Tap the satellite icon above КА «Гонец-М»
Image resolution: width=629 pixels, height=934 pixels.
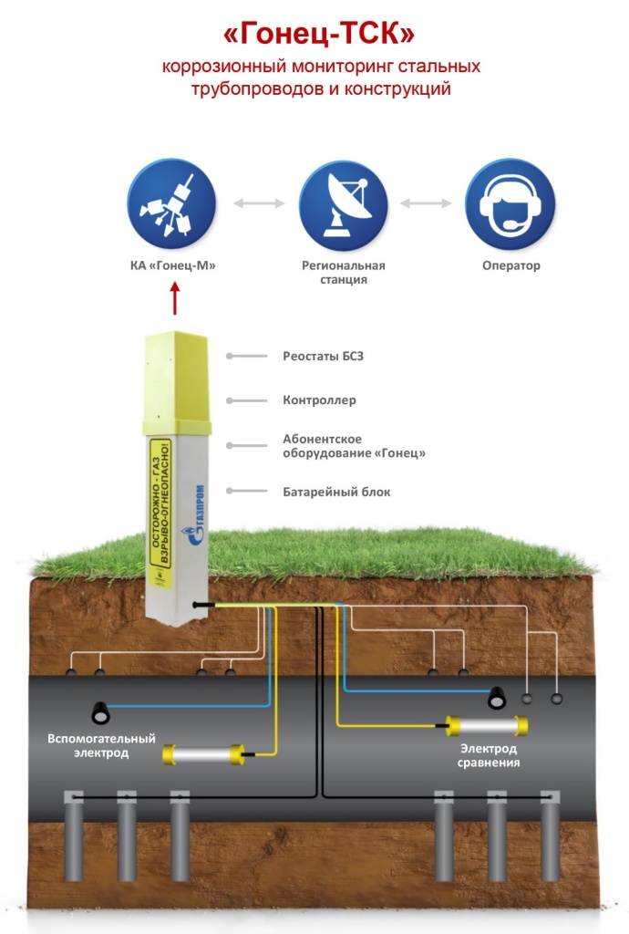pos(171,203)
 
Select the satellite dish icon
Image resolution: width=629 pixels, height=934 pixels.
pos(344,203)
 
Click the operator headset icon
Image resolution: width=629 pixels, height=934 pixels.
pos(510,203)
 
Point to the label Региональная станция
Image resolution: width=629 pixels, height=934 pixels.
pos(344,273)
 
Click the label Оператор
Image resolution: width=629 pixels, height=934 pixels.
pos(510,266)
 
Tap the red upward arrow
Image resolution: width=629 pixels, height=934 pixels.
pos(176,298)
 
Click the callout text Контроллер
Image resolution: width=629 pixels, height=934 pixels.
pos(319,400)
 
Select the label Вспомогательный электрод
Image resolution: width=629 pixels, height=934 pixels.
pos(101,745)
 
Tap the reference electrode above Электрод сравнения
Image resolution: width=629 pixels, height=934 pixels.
pos(487,725)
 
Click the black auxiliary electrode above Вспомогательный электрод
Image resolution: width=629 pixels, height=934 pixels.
pos(100,710)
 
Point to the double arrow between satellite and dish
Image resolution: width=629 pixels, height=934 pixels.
pos(259,203)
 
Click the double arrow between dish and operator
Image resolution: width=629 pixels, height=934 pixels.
pos(426,203)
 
